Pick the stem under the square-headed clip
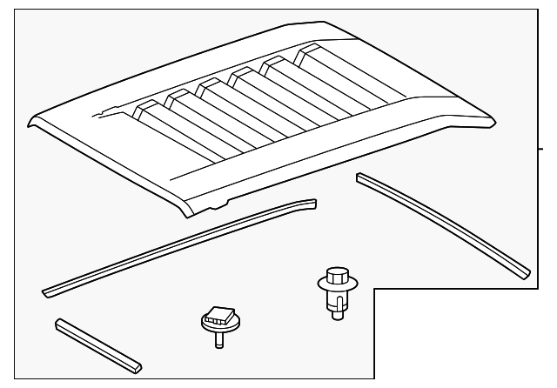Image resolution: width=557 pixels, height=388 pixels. (218, 338)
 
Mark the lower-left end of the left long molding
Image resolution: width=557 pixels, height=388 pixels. (48, 291)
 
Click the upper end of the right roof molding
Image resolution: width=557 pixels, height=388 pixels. (361, 177)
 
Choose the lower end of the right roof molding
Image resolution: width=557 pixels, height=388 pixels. (522, 269)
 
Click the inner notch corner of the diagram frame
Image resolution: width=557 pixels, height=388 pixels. (374, 291)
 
